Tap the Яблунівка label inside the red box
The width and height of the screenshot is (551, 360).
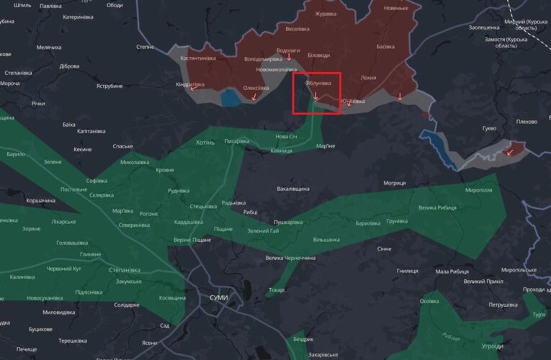click(318, 84)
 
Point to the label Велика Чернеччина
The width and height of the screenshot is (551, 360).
click(290, 258)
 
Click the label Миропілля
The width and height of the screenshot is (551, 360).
click(479, 189)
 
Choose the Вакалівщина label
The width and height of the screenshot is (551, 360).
click(293, 189)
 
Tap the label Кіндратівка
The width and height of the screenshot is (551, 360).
click(190, 84)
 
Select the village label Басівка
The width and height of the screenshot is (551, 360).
click(385, 46)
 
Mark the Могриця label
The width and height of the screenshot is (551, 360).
click(395, 183)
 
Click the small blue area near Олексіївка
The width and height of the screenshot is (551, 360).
click(230, 97)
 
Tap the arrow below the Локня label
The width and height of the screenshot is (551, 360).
click(400, 96)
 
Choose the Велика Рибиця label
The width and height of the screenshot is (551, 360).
click(437, 208)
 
